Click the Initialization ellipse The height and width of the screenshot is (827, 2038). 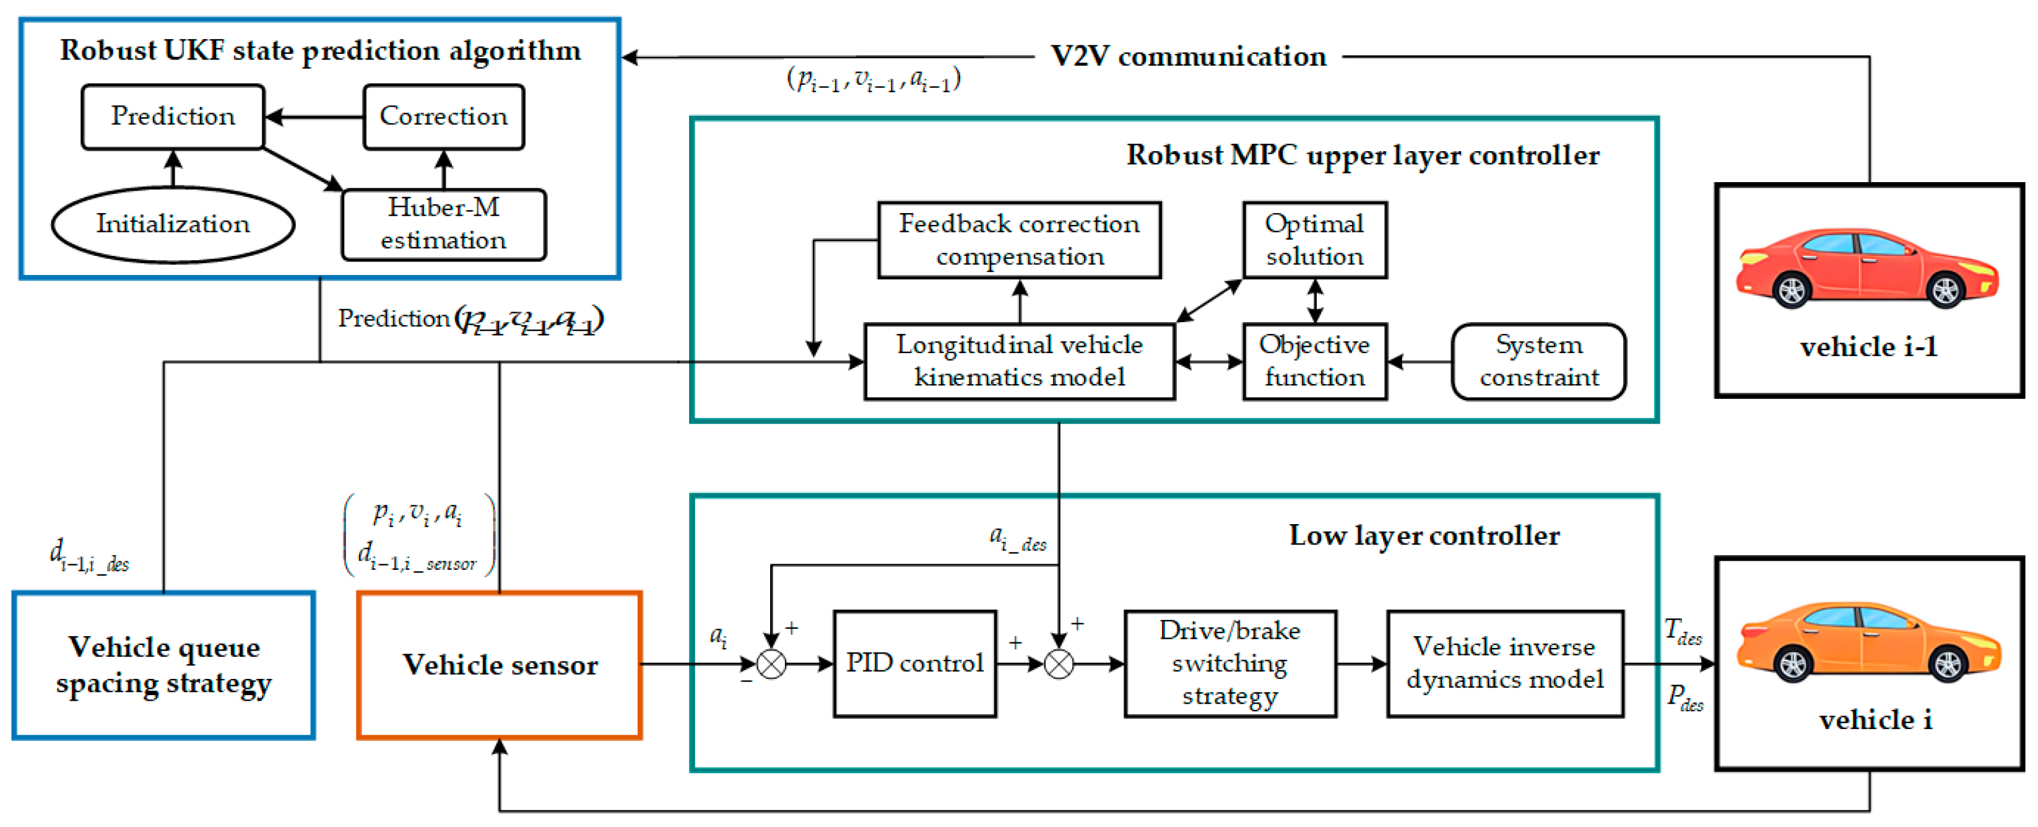173,224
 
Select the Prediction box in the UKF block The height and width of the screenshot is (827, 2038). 173,116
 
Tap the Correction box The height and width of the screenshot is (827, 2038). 443,116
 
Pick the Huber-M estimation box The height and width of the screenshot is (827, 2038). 443,224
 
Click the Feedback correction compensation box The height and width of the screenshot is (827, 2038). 1019,240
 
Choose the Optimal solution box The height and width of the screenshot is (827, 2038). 1314,240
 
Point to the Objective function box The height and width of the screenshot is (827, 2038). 1314,361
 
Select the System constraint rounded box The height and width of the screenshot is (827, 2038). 1539,361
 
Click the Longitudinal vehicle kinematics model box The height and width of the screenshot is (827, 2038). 1019,361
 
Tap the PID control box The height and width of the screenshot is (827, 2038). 914,663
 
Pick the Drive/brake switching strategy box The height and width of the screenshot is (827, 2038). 1229,663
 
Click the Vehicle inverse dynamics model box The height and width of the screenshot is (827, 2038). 1505,663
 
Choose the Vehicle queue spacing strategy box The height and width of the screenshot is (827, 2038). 164,665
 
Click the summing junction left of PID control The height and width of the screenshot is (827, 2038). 771,664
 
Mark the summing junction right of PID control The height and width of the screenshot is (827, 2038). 1059,664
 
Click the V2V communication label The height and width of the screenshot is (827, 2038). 1188,57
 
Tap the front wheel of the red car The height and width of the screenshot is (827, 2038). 1945,291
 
